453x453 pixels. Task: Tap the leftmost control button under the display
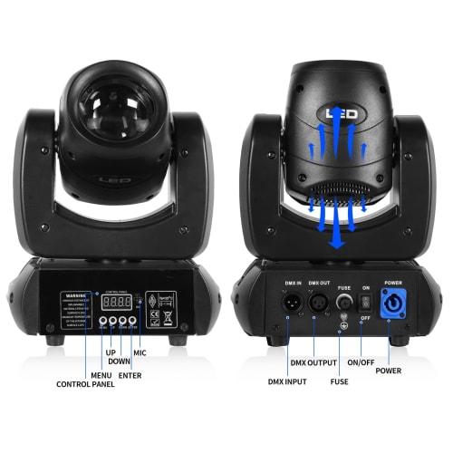tap(106, 321)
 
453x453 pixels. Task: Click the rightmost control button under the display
tap(133, 321)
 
